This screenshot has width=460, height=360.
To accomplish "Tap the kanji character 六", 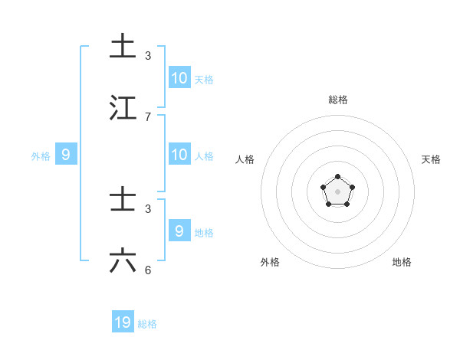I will pyautogui.click(x=123, y=261).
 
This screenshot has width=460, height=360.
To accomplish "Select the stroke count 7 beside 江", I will pyautogui.click(x=148, y=116).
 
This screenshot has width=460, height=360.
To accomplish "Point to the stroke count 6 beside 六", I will pyautogui.click(x=148, y=270).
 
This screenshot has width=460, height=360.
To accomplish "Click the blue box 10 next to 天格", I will pyautogui.click(x=179, y=78).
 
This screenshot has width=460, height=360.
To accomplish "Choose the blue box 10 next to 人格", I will pyautogui.click(x=179, y=155).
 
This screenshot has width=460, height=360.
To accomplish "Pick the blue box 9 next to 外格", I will pyautogui.click(x=66, y=155).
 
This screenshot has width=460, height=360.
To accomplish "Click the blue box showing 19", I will pyautogui.click(x=123, y=322).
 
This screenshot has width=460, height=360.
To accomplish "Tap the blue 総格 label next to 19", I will pyautogui.click(x=147, y=324).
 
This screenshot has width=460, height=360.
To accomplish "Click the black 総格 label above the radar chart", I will pyautogui.click(x=338, y=100).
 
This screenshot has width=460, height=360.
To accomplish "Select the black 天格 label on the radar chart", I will pyautogui.click(x=432, y=159).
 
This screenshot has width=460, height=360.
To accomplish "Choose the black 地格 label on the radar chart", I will pyautogui.click(x=402, y=262).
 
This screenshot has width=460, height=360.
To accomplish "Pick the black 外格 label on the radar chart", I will pyautogui.click(x=270, y=262).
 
